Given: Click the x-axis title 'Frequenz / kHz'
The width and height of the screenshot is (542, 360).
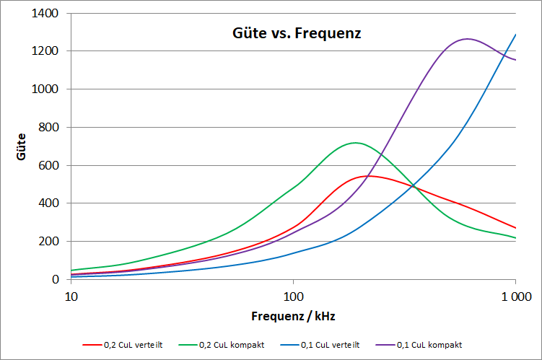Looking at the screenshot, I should tap(293, 316).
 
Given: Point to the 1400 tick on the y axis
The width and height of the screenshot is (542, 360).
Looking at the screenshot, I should tap(51, 14).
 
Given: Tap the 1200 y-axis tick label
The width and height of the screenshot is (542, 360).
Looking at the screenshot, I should tap(51, 51).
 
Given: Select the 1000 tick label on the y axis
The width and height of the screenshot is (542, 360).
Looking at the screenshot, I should tap(51, 89).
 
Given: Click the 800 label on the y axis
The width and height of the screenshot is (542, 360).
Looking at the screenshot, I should tap(53, 128).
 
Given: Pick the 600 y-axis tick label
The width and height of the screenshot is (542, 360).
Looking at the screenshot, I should tap(53, 165).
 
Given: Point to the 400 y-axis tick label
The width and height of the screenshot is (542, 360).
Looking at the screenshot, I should tap(53, 203).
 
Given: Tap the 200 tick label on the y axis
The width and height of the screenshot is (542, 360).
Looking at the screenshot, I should tap(53, 242).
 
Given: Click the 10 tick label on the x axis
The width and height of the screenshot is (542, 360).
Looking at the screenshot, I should tap(71, 296).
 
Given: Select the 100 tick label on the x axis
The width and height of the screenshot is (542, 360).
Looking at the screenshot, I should tap(293, 296).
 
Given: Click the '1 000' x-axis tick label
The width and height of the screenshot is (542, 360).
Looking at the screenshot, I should tap(515, 296).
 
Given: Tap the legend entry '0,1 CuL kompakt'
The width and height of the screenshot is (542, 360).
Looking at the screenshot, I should tap(432, 345).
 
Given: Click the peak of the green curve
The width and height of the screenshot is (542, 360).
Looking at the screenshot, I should tap(355, 143).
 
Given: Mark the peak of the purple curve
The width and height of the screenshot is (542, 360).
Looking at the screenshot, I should tap(467, 39).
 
